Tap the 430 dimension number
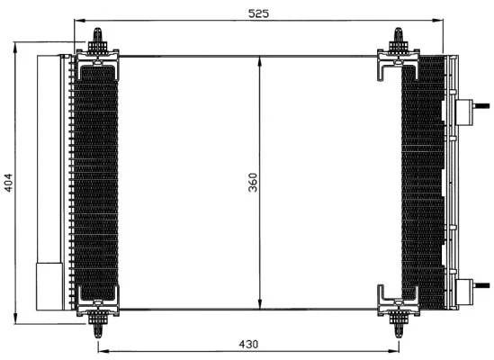pyautogui.click(x=248, y=344)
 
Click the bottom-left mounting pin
pyautogui.click(x=97, y=320)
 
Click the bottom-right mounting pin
pyautogui.click(x=398, y=320)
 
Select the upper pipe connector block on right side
pyautogui.click(x=466, y=112)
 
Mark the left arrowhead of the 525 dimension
pyautogui.click(x=78, y=22)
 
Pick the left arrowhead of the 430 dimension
pyautogui.click(x=102, y=352)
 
